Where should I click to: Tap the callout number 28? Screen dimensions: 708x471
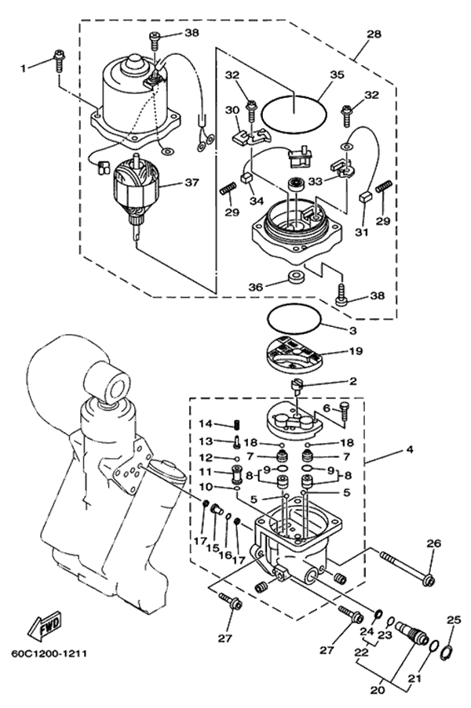(x=374, y=34)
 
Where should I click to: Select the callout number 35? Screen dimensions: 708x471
(x=337, y=76)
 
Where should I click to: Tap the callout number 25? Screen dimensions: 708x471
(x=451, y=620)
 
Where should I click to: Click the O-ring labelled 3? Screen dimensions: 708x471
(x=293, y=318)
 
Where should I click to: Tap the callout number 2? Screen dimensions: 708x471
(x=353, y=381)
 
